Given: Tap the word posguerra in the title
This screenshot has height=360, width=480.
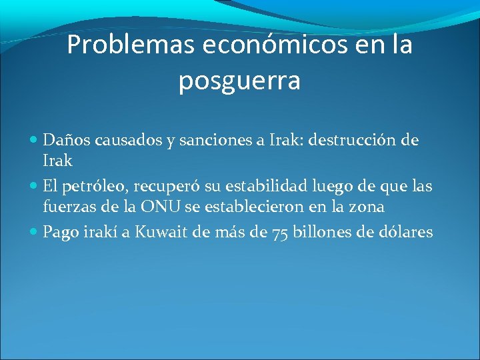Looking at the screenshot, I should click(x=239, y=81).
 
